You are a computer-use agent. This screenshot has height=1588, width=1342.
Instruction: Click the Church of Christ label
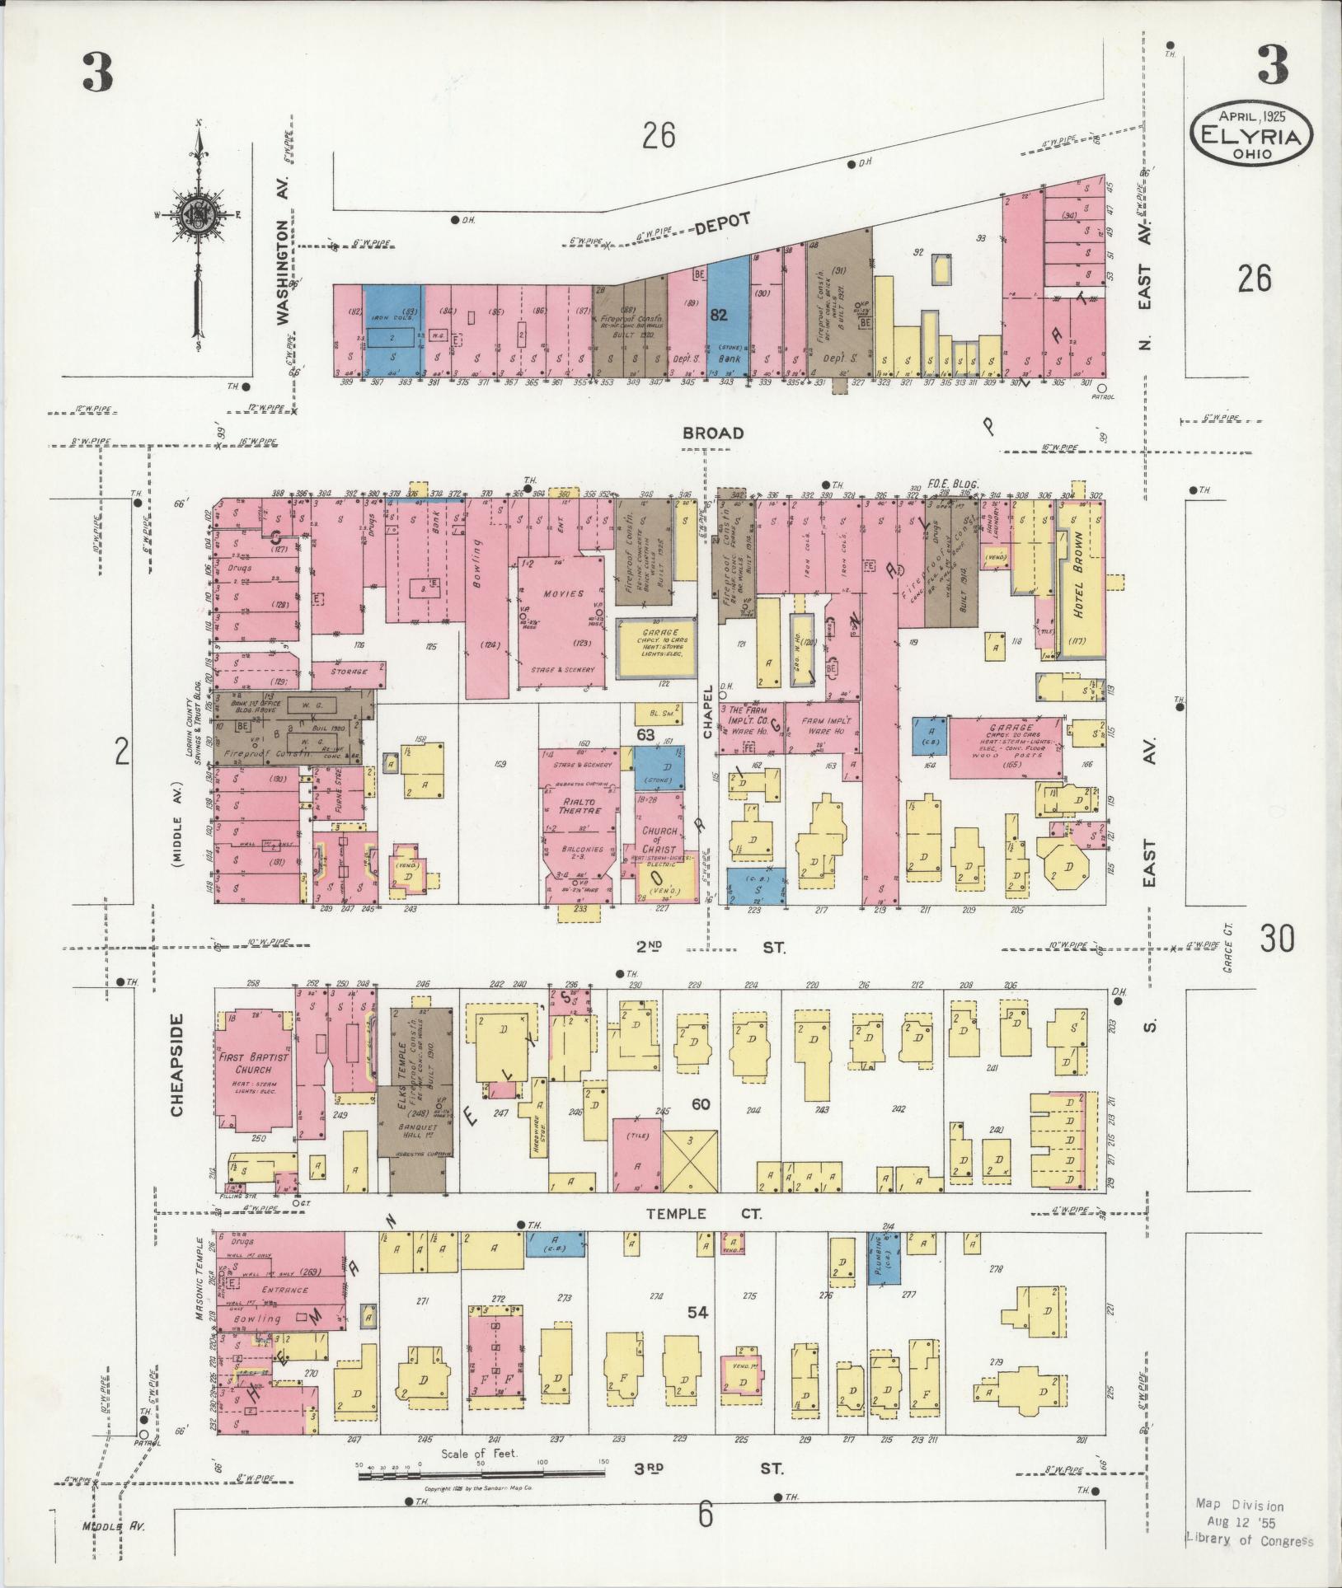659,840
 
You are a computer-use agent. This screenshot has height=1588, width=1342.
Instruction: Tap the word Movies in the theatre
563,593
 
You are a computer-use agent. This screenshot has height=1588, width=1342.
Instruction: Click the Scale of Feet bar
483,1473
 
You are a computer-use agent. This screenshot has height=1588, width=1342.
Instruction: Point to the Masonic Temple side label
199,1291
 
